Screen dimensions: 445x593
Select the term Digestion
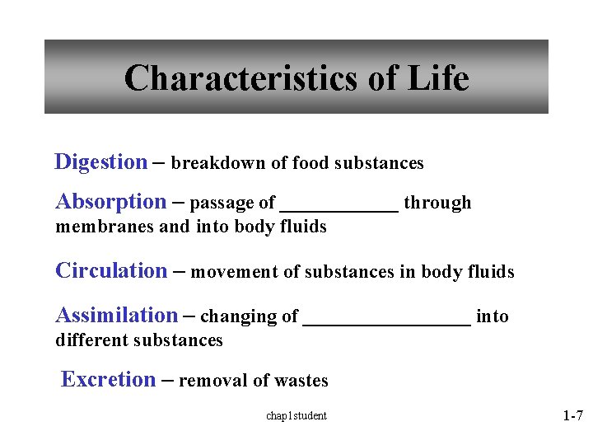click(100, 162)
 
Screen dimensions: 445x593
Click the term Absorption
click(110, 202)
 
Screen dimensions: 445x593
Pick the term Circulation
click(110, 271)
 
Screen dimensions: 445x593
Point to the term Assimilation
click(116, 316)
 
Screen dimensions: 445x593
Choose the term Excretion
click(108, 380)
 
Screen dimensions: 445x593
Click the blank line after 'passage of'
click(339, 210)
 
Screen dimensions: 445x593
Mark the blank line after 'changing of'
click(387, 324)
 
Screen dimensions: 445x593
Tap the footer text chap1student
click(296, 416)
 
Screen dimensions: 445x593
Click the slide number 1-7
click(572, 417)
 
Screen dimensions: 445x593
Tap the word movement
click(228, 273)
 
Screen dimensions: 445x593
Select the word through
click(437, 204)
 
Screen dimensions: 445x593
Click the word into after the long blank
click(493, 317)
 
